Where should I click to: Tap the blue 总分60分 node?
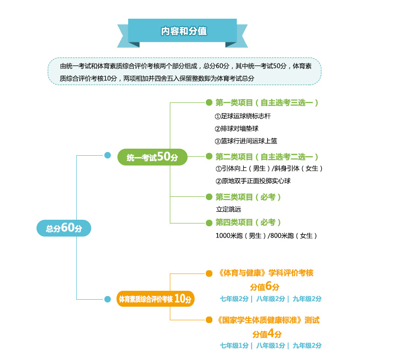point(64,228)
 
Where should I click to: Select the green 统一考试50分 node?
point(153,157)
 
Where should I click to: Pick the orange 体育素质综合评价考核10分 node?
point(155,299)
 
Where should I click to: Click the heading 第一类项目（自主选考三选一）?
point(267,102)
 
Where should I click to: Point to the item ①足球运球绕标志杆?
point(243,116)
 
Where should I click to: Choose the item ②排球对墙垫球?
point(236,129)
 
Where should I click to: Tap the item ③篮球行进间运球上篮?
point(246,141)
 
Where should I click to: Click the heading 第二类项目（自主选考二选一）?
point(267,157)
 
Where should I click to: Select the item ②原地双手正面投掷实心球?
point(253,181)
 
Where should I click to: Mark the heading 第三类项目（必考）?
point(248,197)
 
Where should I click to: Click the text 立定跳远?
point(229,209)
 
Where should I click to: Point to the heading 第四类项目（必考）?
point(248,223)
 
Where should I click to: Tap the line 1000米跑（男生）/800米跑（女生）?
point(266,236)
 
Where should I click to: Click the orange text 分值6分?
point(264,286)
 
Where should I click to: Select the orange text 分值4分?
point(267,333)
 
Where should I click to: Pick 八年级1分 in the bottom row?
point(270,346)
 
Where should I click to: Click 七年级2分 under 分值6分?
point(234,299)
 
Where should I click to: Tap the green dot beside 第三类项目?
point(209,197)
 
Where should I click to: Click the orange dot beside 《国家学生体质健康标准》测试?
point(209,320)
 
